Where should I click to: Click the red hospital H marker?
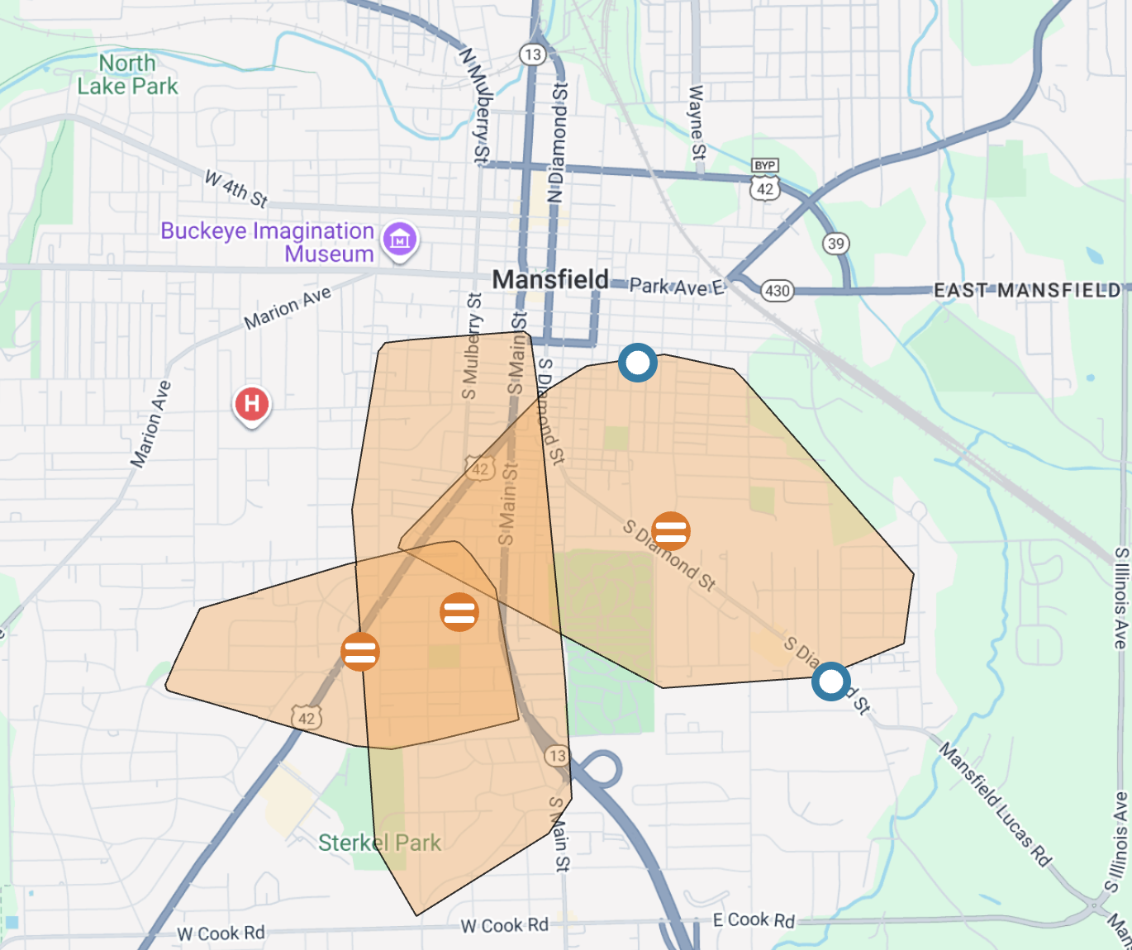pos(252,404)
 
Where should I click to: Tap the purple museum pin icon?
pos(400,240)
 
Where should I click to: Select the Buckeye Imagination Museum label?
pos(267,242)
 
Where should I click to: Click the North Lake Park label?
pos(127,74)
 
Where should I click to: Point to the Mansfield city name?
pos(550,280)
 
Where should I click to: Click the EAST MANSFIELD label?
pos(1027,290)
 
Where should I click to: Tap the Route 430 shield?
pos(777,290)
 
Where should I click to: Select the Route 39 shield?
pos(835,244)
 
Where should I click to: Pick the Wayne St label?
pos(697,122)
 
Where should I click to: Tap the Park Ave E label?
pos(677,287)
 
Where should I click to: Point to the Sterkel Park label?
pos(379,843)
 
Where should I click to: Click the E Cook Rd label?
pos(754,920)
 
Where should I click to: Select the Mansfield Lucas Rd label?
pos(995,804)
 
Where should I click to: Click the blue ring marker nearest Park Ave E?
pos(638,363)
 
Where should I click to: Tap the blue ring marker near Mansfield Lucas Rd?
pos(831,682)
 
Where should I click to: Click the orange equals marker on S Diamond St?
pos(670,530)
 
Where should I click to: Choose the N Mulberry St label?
pos(475,105)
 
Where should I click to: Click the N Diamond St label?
pos(559,142)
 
